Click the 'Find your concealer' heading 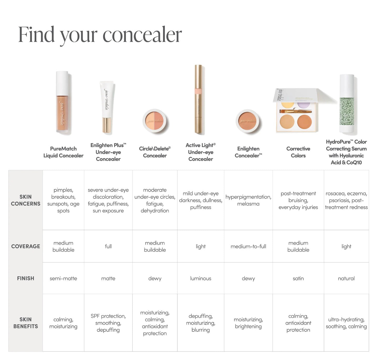[100, 35]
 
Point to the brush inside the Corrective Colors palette [295, 111]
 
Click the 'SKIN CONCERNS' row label [25, 200]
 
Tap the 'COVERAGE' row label [25, 246]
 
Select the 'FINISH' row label [25, 278]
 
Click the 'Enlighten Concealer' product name [248, 152]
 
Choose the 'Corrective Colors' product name [298, 152]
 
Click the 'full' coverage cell [108, 246]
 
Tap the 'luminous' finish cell [201, 278]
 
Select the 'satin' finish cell [298, 278]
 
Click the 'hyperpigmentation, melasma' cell [248, 200]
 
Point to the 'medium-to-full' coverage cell [248, 246]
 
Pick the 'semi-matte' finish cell [63, 278]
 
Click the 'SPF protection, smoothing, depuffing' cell [108, 323]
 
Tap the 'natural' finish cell [346, 278]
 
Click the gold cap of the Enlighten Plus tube [106, 125]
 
